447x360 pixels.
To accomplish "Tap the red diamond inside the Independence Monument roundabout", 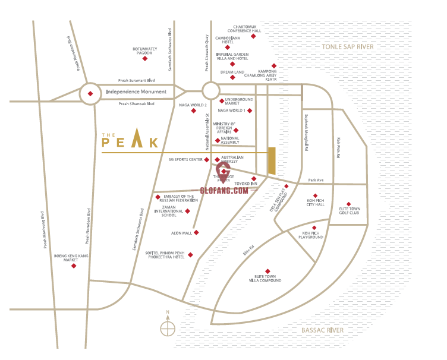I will click(x=90, y=93).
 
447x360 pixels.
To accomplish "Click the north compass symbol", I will click(x=168, y=327).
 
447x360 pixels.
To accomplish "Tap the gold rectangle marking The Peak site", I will click(x=272, y=161).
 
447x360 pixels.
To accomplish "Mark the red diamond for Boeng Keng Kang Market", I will click(x=74, y=266).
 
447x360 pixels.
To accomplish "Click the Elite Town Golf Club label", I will click(x=350, y=211).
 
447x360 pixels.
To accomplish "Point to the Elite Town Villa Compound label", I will click(x=268, y=279).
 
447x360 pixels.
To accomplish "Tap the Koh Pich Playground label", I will click(x=313, y=235).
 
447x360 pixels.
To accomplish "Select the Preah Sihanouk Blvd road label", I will click(x=136, y=104).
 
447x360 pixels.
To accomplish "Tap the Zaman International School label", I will click(x=168, y=211).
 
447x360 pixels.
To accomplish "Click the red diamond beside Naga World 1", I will click(x=250, y=110).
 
